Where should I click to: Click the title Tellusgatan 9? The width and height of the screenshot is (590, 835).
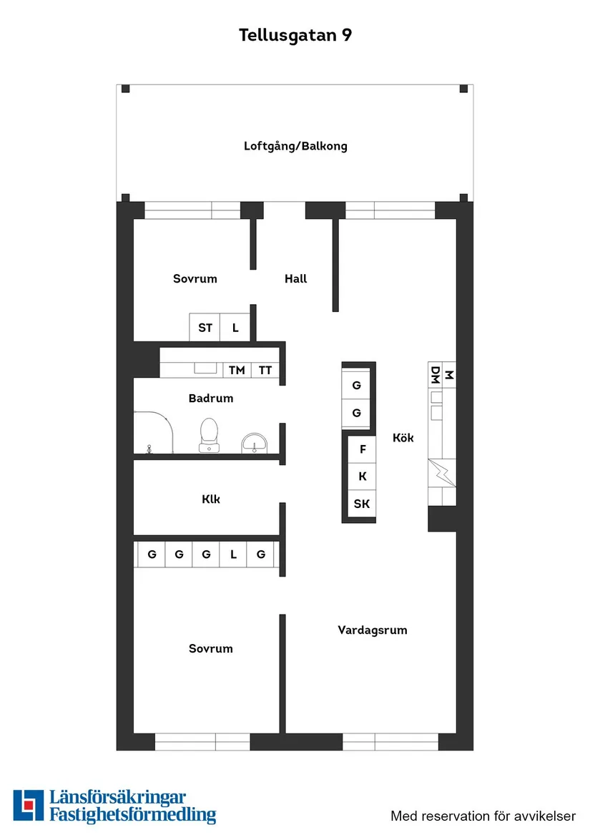[295, 35]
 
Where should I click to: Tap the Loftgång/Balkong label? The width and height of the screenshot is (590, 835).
[295, 146]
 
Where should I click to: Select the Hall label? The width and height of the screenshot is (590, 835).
[295, 278]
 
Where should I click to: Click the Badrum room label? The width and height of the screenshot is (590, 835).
[211, 398]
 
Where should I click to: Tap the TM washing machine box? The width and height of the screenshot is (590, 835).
[237, 370]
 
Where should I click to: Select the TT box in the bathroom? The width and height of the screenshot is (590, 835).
[265, 370]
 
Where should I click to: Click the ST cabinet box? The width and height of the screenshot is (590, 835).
[205, 328]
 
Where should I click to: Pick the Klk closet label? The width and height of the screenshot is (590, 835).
[211, 499]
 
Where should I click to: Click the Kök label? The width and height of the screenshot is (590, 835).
[403, 438]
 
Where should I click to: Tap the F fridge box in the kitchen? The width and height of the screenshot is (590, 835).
[363, 449]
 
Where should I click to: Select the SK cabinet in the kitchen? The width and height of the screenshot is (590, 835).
[362, 504]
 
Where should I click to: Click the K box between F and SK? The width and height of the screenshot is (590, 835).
[363, 477]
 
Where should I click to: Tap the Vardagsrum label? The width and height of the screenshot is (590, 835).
[373, 630]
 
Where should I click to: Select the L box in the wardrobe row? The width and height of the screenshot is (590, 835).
[233, 554]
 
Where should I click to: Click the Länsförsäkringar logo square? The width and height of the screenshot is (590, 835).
[28, 806]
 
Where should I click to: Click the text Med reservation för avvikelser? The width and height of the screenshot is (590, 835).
[483, 816]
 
